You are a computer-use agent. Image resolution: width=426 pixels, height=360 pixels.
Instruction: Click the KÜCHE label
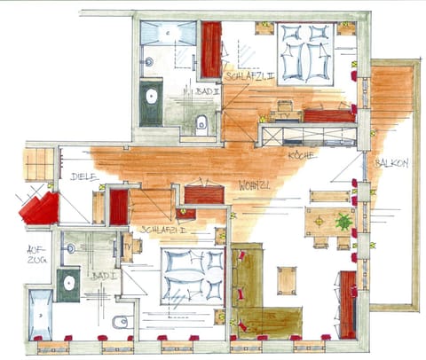click(x=301, y=154)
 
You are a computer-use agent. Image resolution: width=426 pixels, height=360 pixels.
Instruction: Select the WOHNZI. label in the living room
click(x=254, y=185)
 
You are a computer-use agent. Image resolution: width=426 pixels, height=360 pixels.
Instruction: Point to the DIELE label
click(x=83, y=176)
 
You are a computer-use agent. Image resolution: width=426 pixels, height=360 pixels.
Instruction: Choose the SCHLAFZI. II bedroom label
click(x=248, y=77)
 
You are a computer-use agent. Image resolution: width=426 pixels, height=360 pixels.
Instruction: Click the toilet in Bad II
click(x=202, y=121)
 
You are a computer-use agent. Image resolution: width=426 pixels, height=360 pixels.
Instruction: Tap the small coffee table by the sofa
click(x=285, y=280)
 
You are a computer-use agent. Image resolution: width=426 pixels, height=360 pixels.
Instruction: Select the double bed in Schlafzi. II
click(x=304, y=52)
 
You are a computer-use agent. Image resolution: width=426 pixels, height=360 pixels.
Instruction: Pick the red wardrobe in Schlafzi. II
click(x=211, y=50)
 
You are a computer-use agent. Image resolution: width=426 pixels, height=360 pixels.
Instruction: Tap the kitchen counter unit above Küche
click(x=307, y=135)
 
